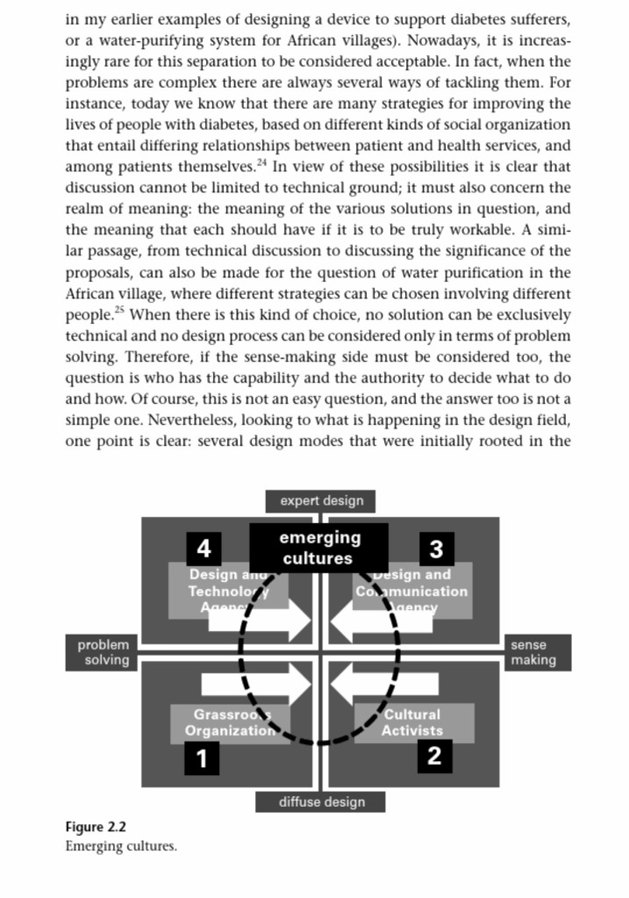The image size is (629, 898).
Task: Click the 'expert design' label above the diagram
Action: click(x=321, y=501)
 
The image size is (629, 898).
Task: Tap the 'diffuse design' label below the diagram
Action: click(x=321, y=801)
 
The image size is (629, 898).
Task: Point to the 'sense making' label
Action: click(x=533, y=652)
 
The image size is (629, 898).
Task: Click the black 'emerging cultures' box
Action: click(x=319, y=547)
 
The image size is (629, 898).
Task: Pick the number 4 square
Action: click(x=204, y=549)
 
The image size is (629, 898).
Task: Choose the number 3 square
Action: click(x=437, y=549)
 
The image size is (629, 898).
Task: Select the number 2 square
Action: click(x=433, y=755)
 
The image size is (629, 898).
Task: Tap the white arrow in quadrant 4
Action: click(x=261, y=621)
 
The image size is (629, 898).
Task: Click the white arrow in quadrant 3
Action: click(x=369, y=621)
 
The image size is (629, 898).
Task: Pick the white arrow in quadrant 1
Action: click(x=256, y=683)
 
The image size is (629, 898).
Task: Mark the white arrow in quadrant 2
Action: click(x=370, y=683)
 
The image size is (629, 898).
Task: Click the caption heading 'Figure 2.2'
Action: click(x=96, y=827)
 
